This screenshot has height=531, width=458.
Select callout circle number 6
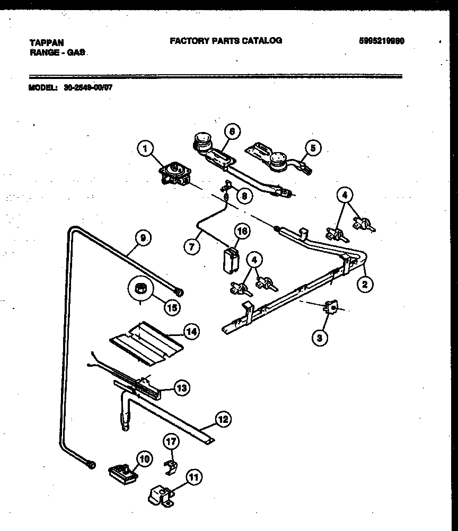point(232,130)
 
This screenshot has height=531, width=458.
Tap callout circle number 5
point(313,148)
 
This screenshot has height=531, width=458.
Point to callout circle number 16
point(242,231)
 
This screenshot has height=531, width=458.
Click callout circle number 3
point(319,337)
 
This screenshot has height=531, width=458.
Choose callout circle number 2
point(364,284)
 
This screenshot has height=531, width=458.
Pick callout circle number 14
point(191,332)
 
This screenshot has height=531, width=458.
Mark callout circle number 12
point(223,420)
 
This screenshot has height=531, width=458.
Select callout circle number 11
point(194,477)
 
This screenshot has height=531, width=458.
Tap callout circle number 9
point(142,238)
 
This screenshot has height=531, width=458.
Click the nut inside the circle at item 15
point(141,289)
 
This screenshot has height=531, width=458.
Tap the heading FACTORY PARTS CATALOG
point(226,40)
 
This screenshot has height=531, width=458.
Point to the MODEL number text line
point(70,88)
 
